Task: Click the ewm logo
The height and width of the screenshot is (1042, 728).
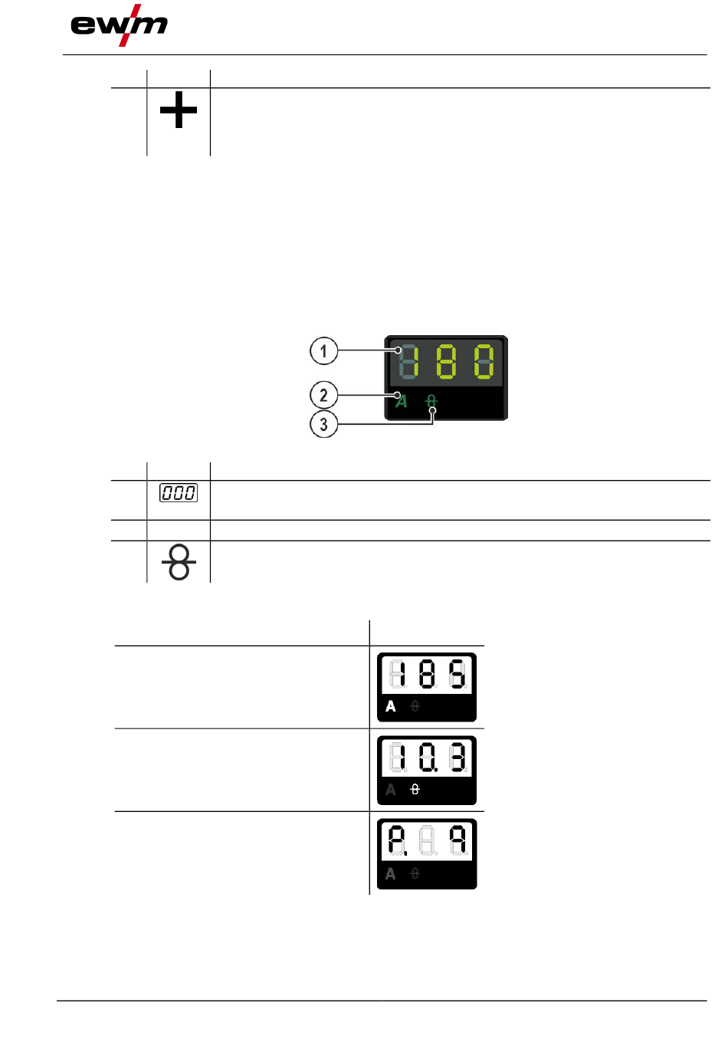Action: [x=119, y=25]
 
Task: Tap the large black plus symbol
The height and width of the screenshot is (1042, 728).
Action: [x=179, y=110]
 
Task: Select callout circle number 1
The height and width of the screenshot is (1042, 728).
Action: [x=323, y=350]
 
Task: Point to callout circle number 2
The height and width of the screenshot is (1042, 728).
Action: [x=323, y=395]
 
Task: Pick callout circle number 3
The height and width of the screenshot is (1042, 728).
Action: [x=323, y=424]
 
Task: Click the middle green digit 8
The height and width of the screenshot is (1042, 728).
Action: [x=446, y=361]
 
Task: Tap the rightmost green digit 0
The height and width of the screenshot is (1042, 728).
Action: [x=484, y=361]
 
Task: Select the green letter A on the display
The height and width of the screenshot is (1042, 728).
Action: [x=402, y=401]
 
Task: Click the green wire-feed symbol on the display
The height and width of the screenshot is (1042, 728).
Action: [x=431, y=400]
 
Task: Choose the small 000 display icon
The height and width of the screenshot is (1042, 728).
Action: [x=179, y=492]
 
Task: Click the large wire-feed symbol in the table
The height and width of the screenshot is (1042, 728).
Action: [x=179, y=562]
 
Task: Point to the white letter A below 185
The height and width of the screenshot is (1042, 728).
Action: [x=391, y=707]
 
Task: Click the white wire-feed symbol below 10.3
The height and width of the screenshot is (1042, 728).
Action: [x=415, y=790]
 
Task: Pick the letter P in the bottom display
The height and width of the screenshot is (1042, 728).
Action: [x=397, y=840]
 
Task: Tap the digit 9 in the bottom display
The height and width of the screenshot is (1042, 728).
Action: [x=457, y=840]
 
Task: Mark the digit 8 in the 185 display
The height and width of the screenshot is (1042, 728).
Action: [x=428, y=673]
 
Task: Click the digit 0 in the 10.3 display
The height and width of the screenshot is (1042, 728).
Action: [x=428, y=758]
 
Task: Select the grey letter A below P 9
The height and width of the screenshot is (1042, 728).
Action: [x=391, y=873]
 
